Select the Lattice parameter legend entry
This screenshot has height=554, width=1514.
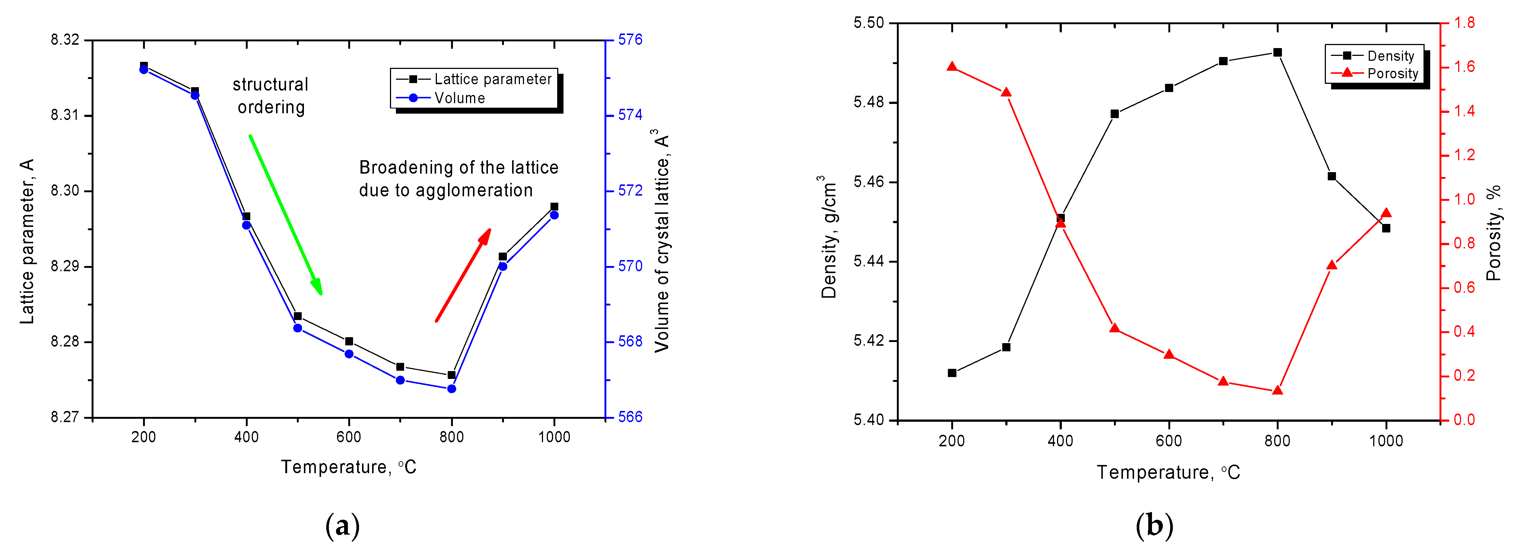[x=492, y=79]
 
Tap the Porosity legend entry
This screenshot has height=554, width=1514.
[x=1392, y=73]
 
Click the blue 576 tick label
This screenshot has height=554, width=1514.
[x=630, y=40]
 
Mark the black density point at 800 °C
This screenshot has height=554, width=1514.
[x=1277, y=52]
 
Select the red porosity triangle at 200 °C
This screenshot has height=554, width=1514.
[x=952, y=66]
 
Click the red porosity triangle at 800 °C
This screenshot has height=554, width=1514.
[x=1277, y=390]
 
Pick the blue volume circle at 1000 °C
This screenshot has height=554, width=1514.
[x=554, y=215]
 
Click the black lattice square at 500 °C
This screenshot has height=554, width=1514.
[x=297, y=316]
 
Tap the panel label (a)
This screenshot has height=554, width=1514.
[x=342, y=525]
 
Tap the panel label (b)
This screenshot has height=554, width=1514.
[x=1154, y=525]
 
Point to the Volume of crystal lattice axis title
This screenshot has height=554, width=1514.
[x=662, y=241]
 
